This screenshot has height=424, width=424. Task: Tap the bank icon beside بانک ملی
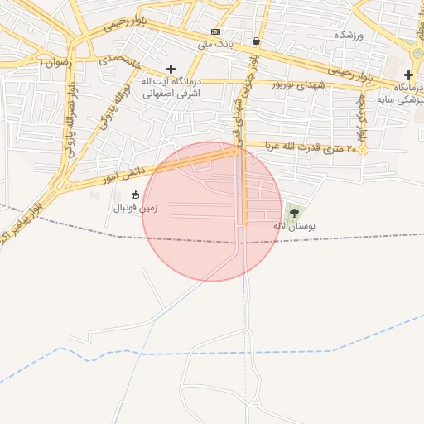point(215,42)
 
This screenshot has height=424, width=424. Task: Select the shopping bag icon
point(257,41)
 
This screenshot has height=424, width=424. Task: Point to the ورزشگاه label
point(349,35)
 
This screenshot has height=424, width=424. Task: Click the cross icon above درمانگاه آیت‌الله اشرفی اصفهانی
point(171,70)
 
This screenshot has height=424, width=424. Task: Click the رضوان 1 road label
point(55,62)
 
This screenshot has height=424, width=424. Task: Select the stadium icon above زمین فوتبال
point(136,195)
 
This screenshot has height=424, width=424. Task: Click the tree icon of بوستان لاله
point(294,213)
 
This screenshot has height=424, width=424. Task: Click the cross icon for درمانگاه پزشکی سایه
point(408,75)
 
